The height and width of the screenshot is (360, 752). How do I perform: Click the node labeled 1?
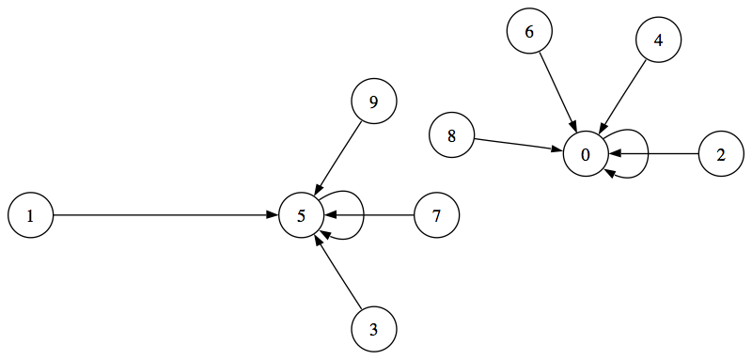pyautogui.click(x=30, y=215)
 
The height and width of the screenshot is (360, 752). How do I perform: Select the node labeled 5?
pyautogui.click(x=302, y=215)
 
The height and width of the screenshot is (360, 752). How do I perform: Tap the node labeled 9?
pyautogui.click(x=373, y=102)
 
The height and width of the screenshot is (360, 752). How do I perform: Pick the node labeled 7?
pyautogui.click(x=436, y=215)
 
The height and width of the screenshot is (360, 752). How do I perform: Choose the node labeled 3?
pyautogui.click(x=373, y=329)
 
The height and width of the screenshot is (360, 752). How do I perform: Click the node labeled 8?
pyautogui.click(x=451, y=135)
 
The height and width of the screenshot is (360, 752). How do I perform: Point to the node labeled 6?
pyautogui.click(x=529, y=31)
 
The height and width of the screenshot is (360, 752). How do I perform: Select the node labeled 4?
pyautogui.click(x=658, y=40)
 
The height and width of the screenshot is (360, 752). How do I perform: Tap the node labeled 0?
pyautogui.click(x=586, y=154)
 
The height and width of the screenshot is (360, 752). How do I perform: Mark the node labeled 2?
pyautogui.click(x=721, y=154)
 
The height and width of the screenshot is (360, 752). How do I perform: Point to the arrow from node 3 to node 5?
pyautogui.click(x=339, y=274)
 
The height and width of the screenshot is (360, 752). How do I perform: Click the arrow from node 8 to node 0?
pyautogui.click(x=518, y=145)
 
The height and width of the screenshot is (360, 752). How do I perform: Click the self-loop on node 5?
pyautogui.click(x=361, y=215)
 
